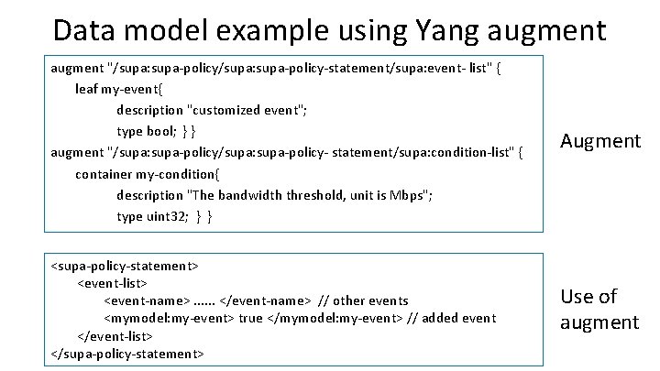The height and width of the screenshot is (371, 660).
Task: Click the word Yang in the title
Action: coord(423,29)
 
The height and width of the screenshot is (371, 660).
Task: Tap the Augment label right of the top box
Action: coord(599,141)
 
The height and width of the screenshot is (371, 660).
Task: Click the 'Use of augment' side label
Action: coord(599,309)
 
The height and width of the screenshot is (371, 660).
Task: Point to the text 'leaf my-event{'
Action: coord(119,89)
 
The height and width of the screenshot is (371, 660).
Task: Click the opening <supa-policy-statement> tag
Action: coord(124,266)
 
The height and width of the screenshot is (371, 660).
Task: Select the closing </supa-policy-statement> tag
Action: coord(126,353)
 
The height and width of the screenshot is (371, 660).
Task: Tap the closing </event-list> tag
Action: coord(115,335)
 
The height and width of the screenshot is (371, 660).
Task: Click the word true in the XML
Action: coord(250,318)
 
